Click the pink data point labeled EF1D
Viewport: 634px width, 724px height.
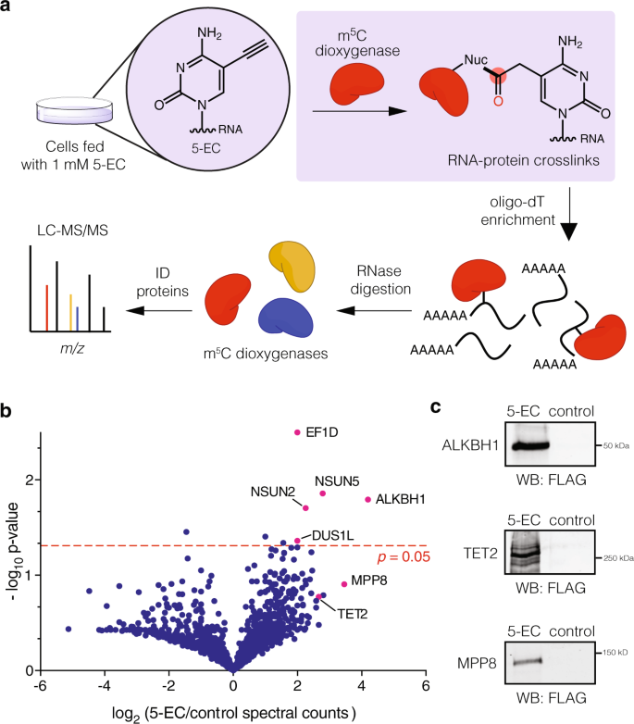pos(297,431)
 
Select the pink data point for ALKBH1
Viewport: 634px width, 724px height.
pos(368,500)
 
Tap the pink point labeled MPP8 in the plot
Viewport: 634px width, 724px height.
pos(344,583)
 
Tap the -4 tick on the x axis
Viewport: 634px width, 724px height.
pos(104,686)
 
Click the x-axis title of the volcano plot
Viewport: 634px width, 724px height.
pos(232,711)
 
